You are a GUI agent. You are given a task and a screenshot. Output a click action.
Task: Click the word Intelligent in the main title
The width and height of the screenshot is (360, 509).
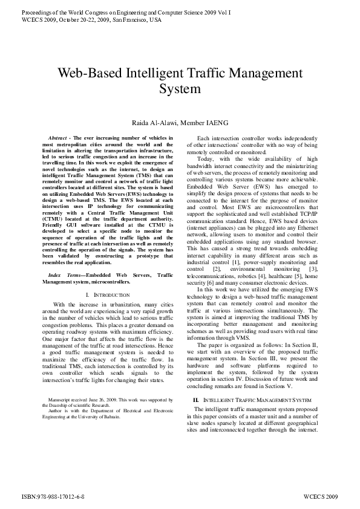(160, 74)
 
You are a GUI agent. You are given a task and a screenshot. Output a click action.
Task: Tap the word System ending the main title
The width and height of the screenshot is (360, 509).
(180, 90)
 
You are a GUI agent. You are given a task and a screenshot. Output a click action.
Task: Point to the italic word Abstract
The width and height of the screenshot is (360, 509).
(58, 138)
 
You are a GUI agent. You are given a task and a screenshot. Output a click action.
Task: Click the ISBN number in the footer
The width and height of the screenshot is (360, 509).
(53, 495)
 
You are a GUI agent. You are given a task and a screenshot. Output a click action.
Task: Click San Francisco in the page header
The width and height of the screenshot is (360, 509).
(135, 19)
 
